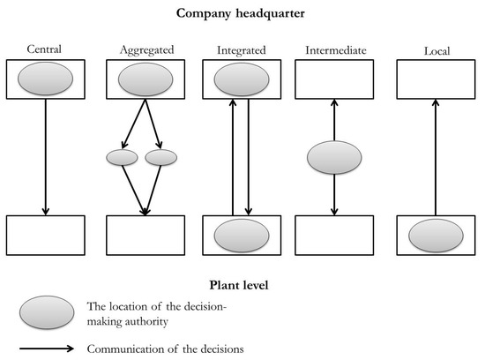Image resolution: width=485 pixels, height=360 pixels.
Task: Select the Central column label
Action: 44,51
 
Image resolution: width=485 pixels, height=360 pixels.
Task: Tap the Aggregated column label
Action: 145,51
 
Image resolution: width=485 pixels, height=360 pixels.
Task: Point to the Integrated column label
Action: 241,51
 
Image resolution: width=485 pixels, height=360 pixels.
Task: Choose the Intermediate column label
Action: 334,51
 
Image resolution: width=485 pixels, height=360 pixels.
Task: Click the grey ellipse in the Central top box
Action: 45,79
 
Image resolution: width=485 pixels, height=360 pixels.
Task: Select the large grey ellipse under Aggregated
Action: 145,79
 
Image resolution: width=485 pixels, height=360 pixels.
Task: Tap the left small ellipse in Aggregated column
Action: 122,158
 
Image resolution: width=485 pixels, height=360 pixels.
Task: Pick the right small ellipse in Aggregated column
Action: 161,158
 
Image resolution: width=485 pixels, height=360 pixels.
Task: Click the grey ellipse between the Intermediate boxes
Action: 334,159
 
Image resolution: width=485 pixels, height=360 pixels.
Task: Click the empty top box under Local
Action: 436,79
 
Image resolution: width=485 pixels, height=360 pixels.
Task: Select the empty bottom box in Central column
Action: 45,235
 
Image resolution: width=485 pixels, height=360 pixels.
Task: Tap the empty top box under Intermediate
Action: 334,79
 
